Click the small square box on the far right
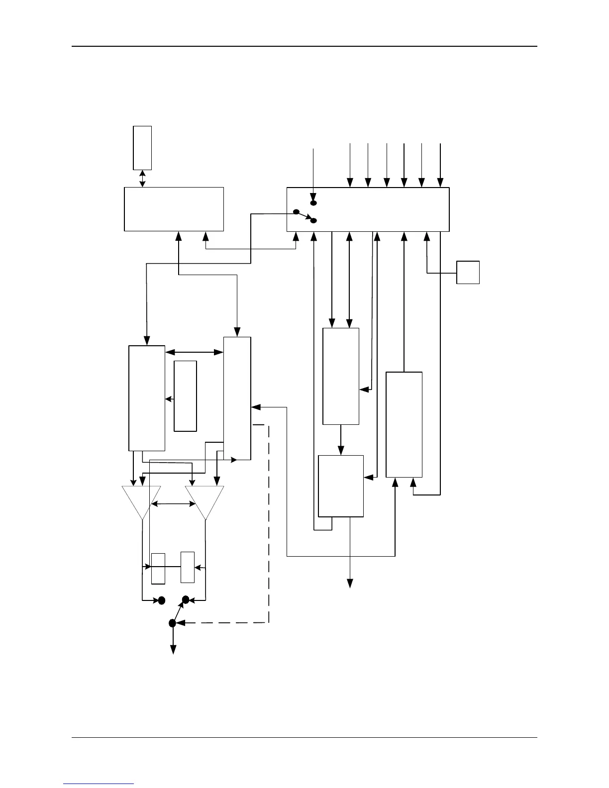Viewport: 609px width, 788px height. click(468, 272)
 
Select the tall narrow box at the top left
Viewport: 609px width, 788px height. click(142, 148)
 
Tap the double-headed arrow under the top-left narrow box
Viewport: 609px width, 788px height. click(143, 179)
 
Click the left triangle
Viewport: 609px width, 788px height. click(142, 500)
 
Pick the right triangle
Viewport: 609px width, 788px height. click(204, 500)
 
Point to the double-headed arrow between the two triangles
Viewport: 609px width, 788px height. click(173, 504)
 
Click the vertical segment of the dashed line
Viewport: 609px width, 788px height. click(269, 522)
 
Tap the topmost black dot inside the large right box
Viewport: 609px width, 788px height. click(313, 203)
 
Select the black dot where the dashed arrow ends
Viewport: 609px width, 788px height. click(172, 623)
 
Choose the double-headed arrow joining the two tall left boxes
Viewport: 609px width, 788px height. click(194, 352)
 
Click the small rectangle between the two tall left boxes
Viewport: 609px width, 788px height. click(185, 395)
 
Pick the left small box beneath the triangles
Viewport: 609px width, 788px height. click(158, 568)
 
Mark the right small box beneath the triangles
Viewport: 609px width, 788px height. click(188, 567)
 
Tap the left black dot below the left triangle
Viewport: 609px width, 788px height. click(161, 600)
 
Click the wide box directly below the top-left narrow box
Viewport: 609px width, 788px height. click(174, 209)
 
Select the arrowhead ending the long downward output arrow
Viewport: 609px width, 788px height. click(350, 583)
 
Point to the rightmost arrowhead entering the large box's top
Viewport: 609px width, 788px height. click(440, 183)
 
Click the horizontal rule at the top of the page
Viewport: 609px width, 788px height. click(304, 46)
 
